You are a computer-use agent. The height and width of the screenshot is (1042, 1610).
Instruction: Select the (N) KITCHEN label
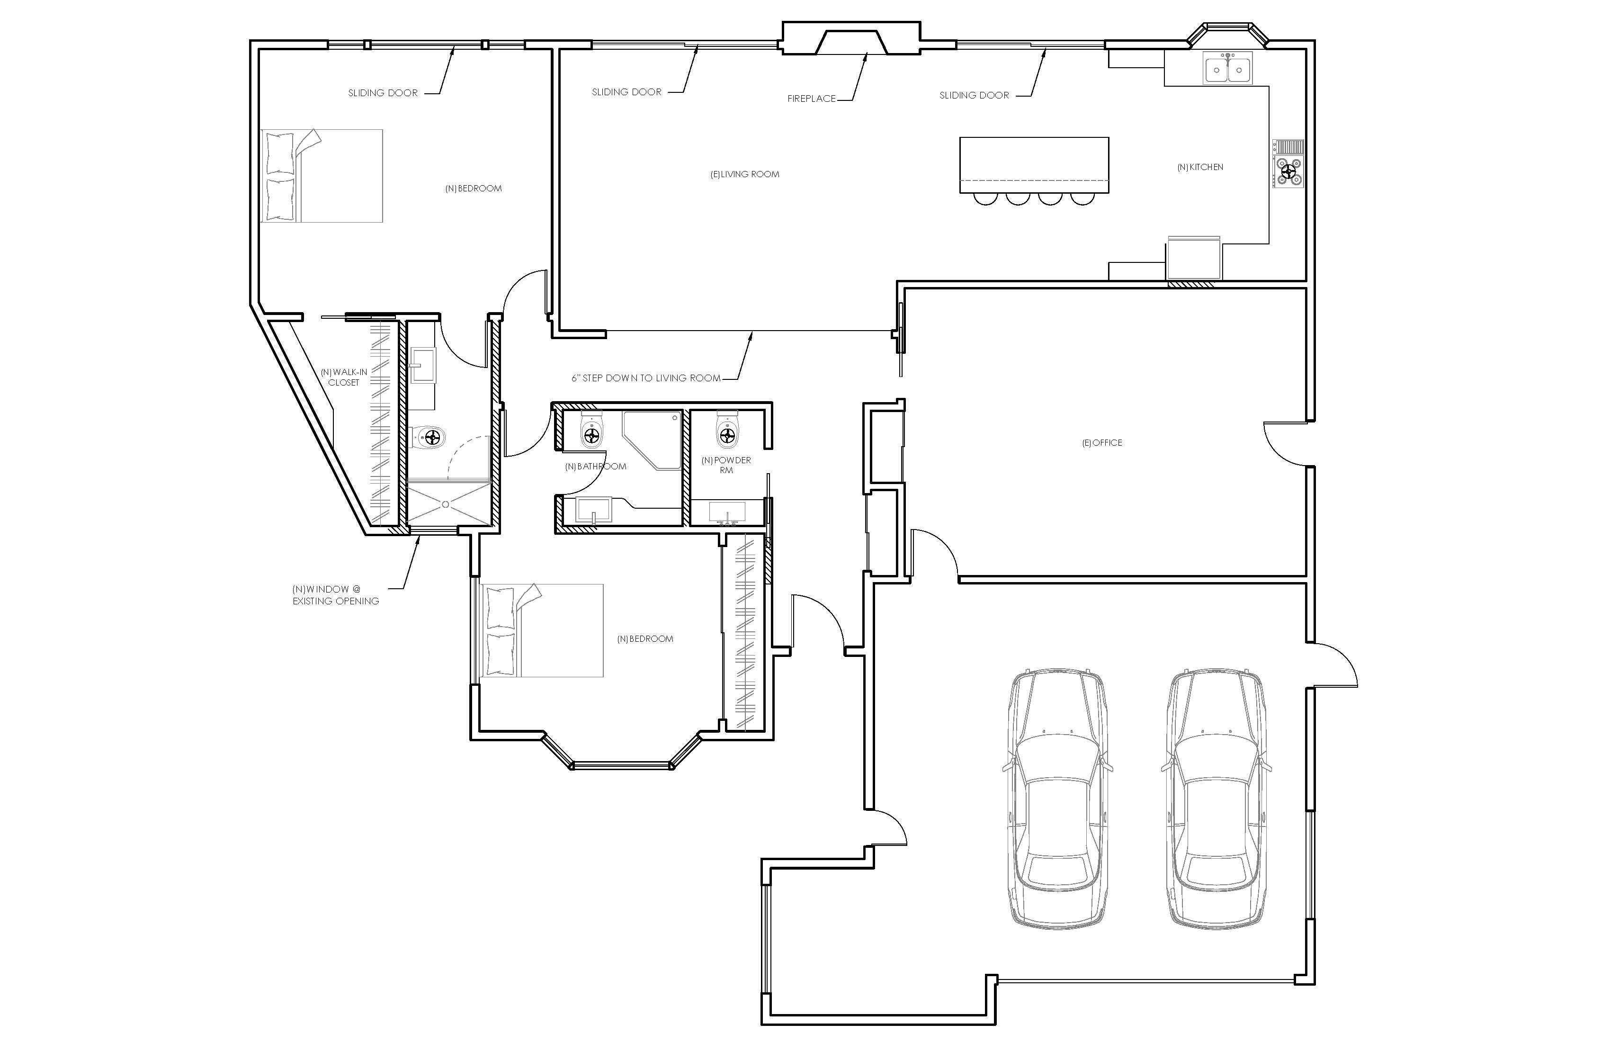(x=1200, y=167)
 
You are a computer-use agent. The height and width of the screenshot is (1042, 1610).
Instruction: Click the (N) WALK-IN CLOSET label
(x=344, y=377)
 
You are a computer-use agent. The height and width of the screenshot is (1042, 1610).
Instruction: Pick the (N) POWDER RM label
(x=726, y=465)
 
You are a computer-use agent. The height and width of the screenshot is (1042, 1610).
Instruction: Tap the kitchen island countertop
(x=1034, y=165)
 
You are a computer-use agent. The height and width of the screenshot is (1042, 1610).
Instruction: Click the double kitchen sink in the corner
(x=1228, y=68)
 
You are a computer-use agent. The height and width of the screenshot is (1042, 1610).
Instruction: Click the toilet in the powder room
(x=727, y=428)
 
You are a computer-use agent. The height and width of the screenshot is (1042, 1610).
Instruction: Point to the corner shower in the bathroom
(x=652, y=440)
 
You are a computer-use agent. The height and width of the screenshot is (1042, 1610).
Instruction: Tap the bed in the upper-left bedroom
(x=322, y=176)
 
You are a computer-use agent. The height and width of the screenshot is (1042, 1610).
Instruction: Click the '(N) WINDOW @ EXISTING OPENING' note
(x=336, y=595)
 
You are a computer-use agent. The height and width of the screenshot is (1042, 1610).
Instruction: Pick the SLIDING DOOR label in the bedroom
(x=383, y=93)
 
